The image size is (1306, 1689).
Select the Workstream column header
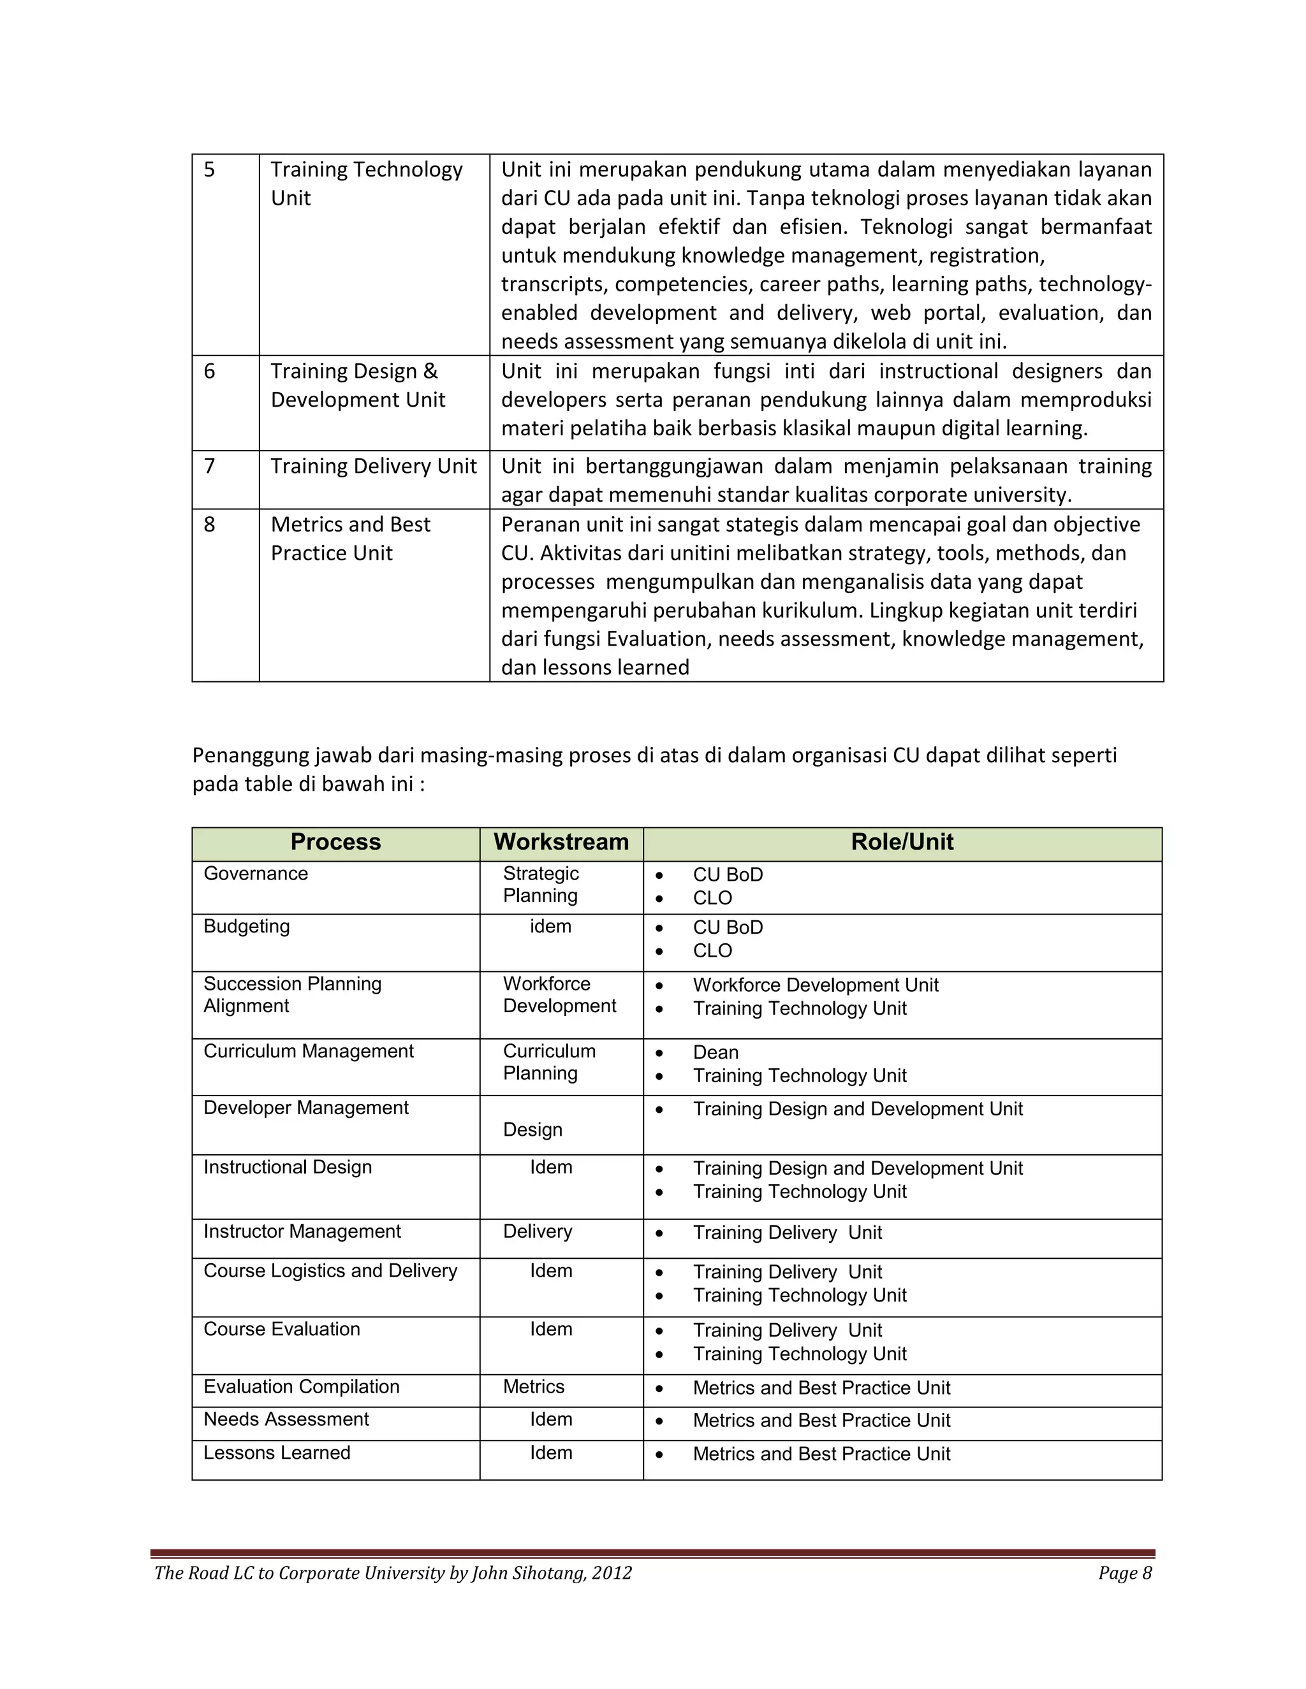pyautogui.click(x=561, y=842)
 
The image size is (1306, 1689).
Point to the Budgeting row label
pyautogui.click(x=246, y=927)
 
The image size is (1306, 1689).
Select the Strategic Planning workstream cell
pyautogui.click(x=541, y=885)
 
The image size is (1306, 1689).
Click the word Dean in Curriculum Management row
pyautogui.click(x=715, y=1052)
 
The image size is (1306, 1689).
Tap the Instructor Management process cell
pyautogui.click(x=302, y=1232)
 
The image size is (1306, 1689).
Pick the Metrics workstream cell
pyautogui.click(x=534, y=1388)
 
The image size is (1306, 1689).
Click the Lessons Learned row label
pyautogui.click(x=276, y=1453)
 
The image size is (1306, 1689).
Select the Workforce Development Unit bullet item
pyautogui.click(x=816, y=985)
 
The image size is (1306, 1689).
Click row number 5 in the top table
pyautogui.click(x=210, y=170)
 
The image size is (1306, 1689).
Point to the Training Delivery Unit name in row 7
pyautogui.click(x=373, y=467)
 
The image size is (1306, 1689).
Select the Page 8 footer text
pyautogui.click(x=1125, y=1573)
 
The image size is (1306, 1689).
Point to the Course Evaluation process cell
pyautogui.click(x=282, y=1330)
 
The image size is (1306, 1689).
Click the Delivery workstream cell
pyautogui.click(x=538, y=1232)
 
